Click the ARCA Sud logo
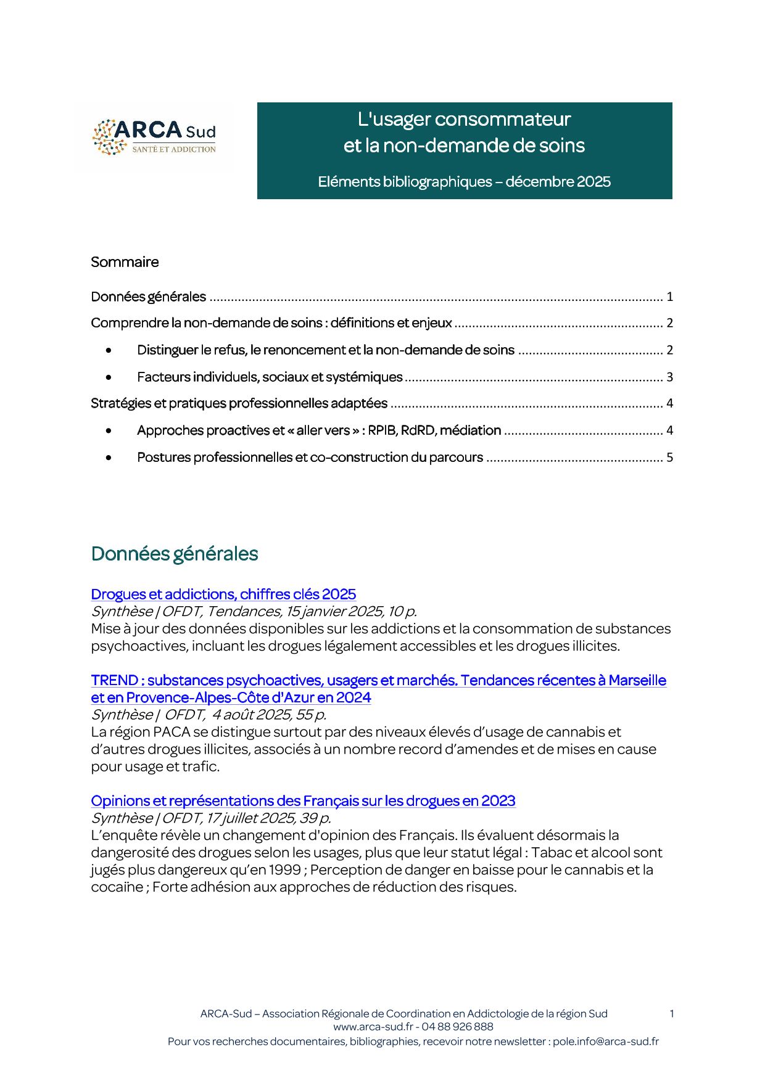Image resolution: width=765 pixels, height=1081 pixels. pyautogui.click(x=154, y=137)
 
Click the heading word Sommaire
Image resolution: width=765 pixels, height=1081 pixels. pyautogui.click(x=125, y=262)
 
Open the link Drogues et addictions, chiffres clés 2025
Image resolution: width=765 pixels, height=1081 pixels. pyautogui.click(x=223, y=594)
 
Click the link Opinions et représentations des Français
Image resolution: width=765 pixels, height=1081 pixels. pyautogui.click(x=303, y=800)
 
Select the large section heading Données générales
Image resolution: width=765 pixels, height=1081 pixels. pyautogui.click(x=175, y=554)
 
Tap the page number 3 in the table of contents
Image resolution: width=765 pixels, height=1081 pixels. pyautogui.click(x=669, y=377)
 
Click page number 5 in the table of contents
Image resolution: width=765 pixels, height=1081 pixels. pyautogui.click(x=669, y=458)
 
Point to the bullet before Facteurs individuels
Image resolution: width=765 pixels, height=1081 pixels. pyautogui.click(x=109, y=377)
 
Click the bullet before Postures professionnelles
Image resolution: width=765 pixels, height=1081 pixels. pyautogui.click(x=109, y=458)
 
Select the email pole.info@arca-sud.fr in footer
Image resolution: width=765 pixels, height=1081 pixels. pyautogui.click(x=605, y=1042)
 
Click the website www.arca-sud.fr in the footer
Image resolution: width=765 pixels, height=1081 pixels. pyautogui.click(x=373, y=1027)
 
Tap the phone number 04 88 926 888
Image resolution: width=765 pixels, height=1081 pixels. pyautogui.click(x=457, y=1027)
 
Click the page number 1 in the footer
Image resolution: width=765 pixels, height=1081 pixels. pyautogui.click(x=671, y=1013)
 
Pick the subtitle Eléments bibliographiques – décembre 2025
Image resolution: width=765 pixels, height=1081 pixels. pyautogui.click(x=464, y=182)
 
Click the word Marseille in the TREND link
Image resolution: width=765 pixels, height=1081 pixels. pyautogui.click(x=637, y=680)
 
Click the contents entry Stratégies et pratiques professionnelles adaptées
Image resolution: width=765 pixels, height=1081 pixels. pyautogui.click(x=239, y=403)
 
